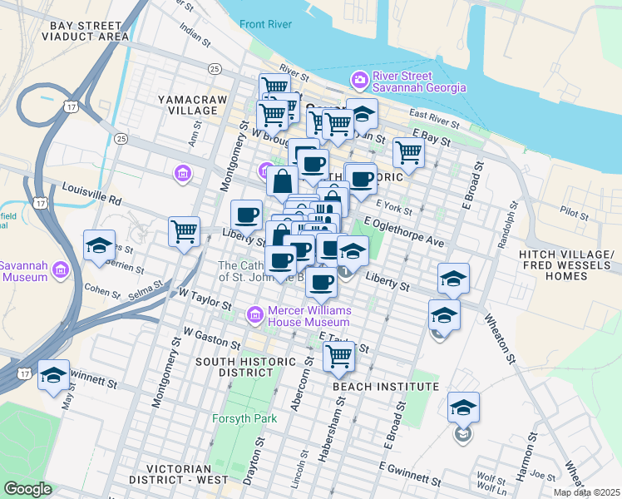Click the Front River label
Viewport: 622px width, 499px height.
click(x=265, y=24)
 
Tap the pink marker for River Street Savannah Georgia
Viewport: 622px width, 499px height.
click(x=360, y=81)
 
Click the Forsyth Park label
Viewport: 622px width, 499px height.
click(x=244, y=418)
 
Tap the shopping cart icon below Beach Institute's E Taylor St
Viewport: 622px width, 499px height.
click(x=338, y=355)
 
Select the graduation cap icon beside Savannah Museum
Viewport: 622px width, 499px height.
click(x=99, y=245)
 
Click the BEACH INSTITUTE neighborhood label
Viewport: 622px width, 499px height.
click(x=385, y=387)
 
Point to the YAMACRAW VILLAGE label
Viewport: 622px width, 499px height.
click(x=188, y=104)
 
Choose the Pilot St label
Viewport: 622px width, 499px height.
click(x=574, y=212)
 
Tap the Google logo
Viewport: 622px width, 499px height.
click(x=27, y=489)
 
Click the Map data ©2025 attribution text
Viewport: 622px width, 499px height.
click(x=586, y=492)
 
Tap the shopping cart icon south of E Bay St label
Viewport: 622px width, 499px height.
click(x=408, y=152)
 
